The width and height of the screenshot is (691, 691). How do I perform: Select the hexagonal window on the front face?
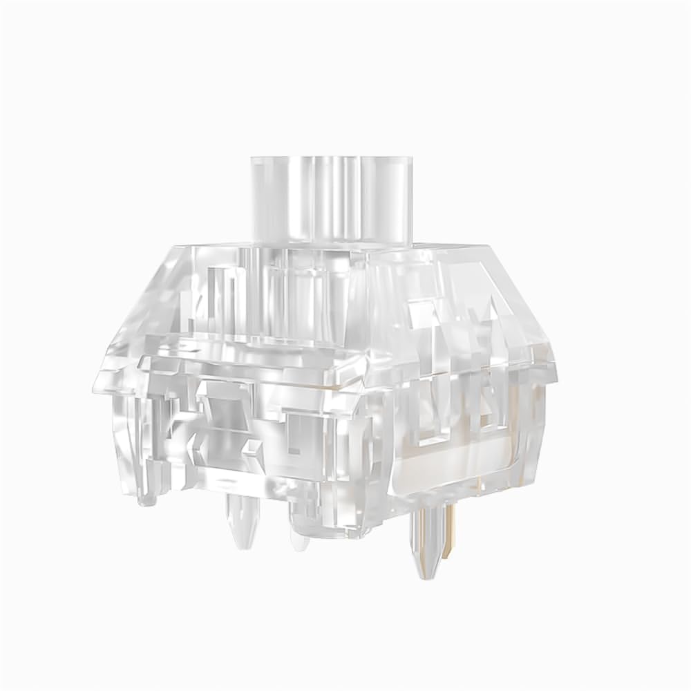point(220,415)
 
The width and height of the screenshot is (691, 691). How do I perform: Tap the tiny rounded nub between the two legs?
point(299,539)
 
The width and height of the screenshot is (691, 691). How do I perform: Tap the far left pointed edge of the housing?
point(97,377)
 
